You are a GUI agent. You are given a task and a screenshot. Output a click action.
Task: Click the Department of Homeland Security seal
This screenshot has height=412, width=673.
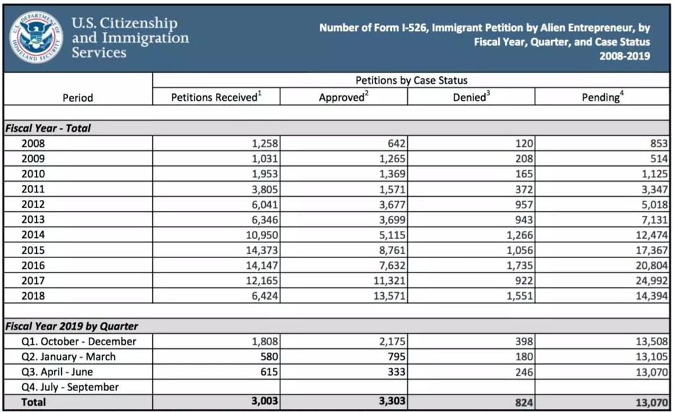(x=36, y=37)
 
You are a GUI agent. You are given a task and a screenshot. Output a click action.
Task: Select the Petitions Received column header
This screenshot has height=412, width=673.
(x=216, y=97)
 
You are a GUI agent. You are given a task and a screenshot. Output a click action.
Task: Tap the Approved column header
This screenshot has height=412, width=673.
(x=343, y=97)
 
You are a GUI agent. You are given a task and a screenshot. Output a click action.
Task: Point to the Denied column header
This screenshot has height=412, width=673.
(x=470, y=97)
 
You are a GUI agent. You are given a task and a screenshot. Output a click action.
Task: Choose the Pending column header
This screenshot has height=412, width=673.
(x=602, y=97)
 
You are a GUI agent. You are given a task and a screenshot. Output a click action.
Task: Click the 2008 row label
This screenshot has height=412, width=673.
(x=33, y=143)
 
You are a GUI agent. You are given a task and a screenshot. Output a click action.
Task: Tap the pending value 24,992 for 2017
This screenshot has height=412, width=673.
(x=650, y=280)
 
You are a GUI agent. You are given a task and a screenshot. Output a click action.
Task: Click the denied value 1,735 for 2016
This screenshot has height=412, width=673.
(x=518, y=265)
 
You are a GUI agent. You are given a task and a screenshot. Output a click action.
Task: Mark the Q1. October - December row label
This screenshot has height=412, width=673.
(x=78, y=341)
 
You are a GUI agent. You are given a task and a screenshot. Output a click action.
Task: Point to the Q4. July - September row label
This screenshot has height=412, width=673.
(x=70, y=387)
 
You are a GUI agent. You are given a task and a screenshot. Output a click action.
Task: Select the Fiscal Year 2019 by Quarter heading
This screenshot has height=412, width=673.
(x=71, y=326)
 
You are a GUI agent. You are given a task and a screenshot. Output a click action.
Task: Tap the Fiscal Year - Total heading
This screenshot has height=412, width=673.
(x=48, y=128)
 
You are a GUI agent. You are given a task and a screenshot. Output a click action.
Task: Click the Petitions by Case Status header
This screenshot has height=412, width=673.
(x=411, y=81)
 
